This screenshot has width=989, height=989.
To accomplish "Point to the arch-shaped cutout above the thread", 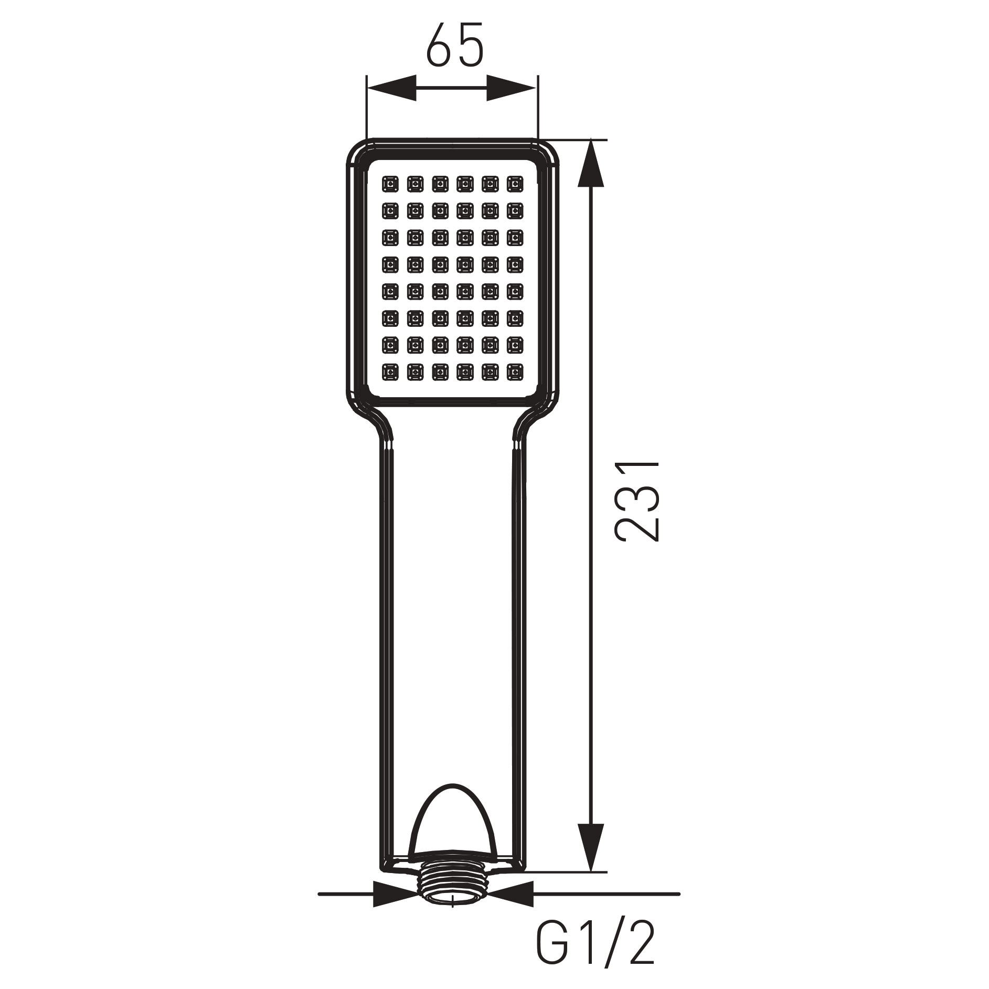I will pyautogui.click(x=452, y=834).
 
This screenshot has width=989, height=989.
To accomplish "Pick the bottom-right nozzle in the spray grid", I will pyautogui.click(x=514, y=372).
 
